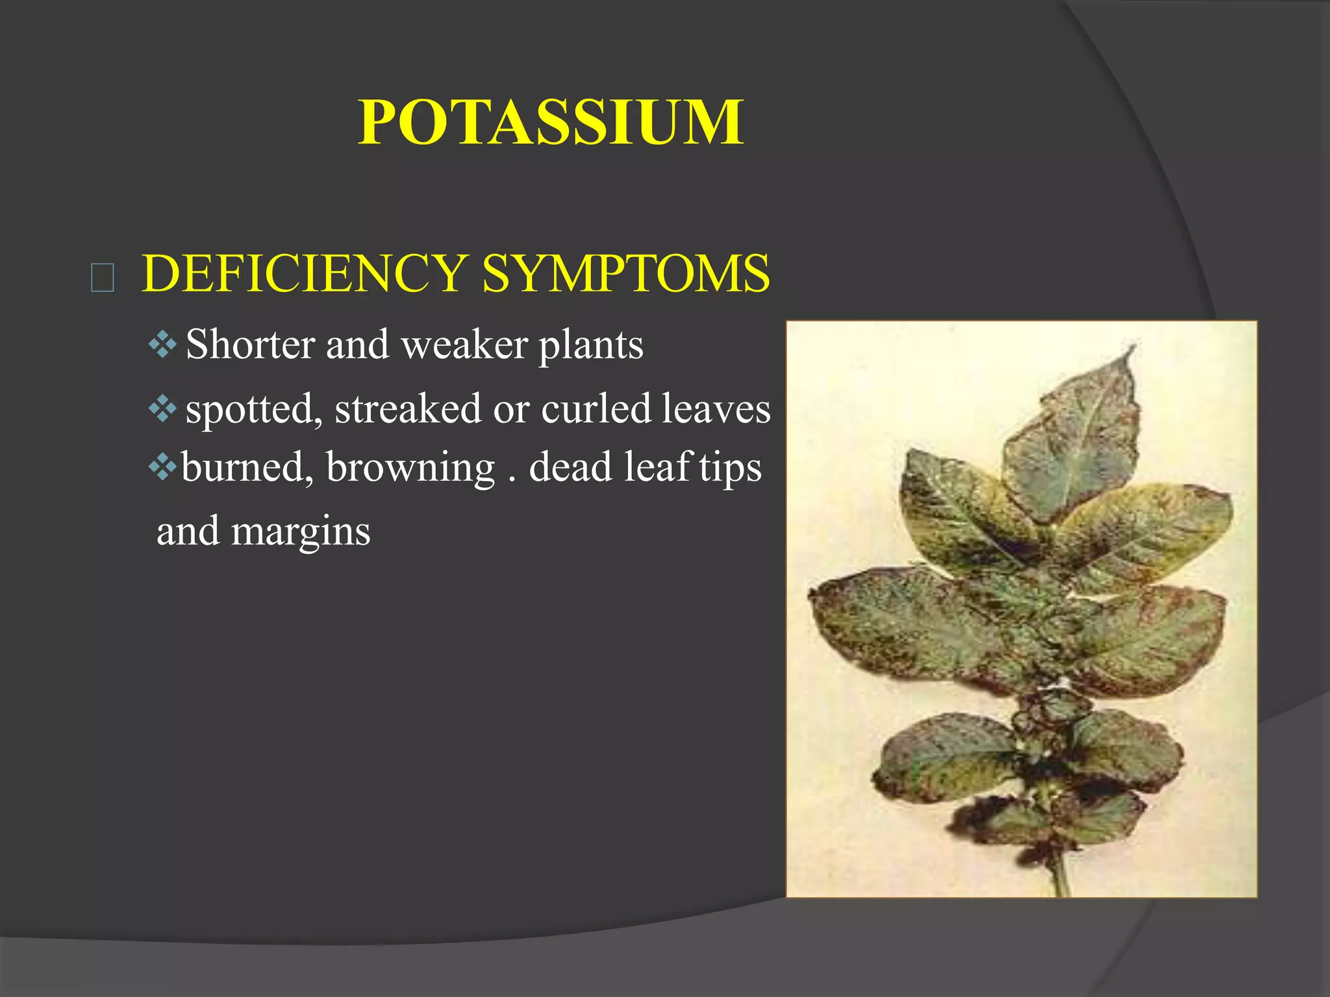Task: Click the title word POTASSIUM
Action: [551, 123]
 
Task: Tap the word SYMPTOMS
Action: [626, 273]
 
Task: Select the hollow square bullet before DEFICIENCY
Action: [103, 278]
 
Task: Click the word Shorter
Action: [250, 344]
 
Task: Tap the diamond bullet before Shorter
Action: [162, 345]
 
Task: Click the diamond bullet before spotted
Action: [162, 409]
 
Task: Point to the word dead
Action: [570, 467]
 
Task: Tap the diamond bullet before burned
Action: [162, 467]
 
